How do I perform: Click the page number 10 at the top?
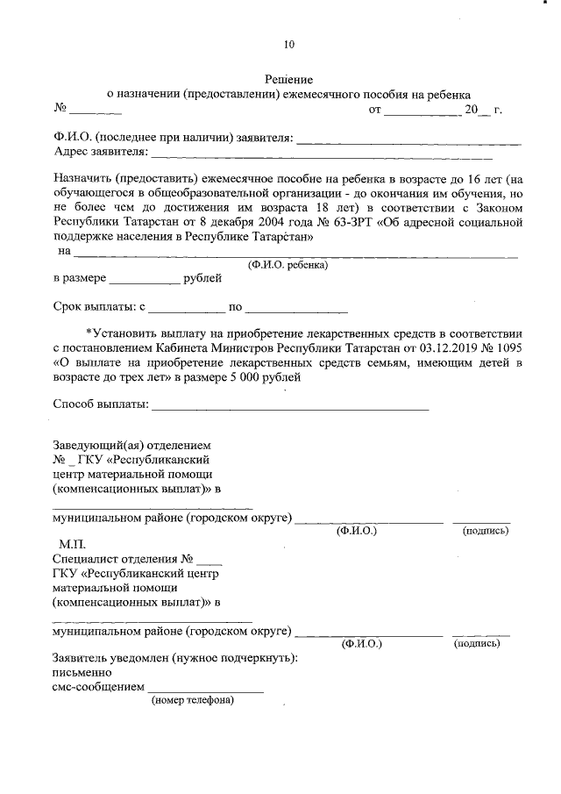coord(290,45)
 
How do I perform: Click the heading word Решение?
coord(289,78)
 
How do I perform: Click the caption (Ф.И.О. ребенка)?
coord(288,263)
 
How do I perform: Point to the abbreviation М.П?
coord(73,545)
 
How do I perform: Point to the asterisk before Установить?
coord(89,333)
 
